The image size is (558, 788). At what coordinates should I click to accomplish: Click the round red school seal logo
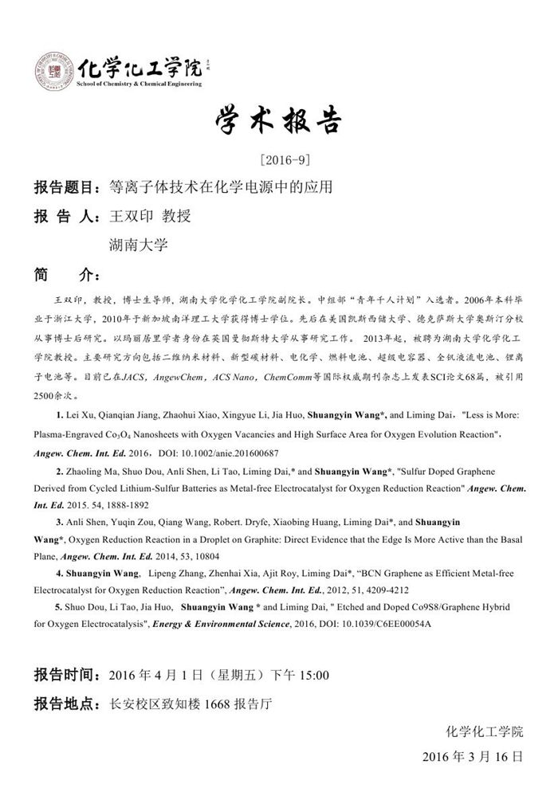(x=51, y=70)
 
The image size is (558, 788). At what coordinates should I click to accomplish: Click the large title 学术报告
(x=279, y=121)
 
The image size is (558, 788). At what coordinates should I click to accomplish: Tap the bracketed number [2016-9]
(x=278, y=160)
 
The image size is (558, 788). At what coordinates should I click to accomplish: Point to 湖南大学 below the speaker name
(x=138, y=244)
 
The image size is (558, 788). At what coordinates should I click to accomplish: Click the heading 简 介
(x=66, y=273)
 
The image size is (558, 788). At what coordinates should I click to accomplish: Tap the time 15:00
(x=313, y=676)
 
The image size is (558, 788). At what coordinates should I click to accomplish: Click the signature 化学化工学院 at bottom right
(x=485, y=730)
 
